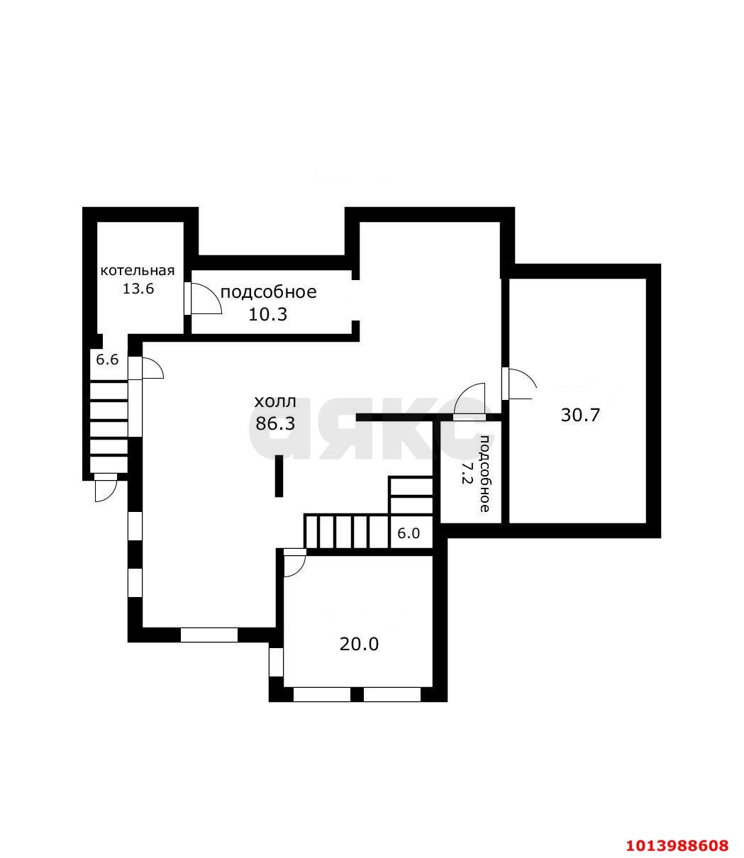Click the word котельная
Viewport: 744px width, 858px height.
(x=137, y=271)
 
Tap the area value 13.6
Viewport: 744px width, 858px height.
(x=138, y=289)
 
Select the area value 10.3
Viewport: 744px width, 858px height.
(x=267, y=314)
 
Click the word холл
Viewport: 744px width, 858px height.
(x=275, y=403)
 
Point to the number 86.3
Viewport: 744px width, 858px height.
(x=274, y=423)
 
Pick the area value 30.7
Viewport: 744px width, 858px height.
(x=580, y=416)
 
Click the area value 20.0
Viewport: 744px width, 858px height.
(x=359, y=644)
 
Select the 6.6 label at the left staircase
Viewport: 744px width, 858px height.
(x=107, y=360)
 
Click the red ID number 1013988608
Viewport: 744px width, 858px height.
(x=677, y=845)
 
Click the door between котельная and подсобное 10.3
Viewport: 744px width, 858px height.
(x=203, y=299)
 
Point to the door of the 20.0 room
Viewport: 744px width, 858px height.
(x=294, y=563)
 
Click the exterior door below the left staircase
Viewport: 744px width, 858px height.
(x=105, y=489)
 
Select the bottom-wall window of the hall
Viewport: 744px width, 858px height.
(x=209, y=635)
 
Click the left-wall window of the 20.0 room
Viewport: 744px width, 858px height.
(x=276, y=662)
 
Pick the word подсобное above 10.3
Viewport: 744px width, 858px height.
(x=268, y=292)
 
